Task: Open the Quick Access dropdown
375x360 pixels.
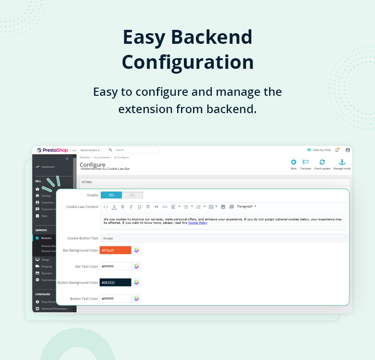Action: click(90, 150)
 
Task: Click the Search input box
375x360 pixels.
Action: click(135, 150)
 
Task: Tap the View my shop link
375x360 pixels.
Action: click(319, 150)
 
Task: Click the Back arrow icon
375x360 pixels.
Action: click(294, 162)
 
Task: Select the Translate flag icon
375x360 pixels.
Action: click(305, 162)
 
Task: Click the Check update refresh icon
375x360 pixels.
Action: click(322, 162)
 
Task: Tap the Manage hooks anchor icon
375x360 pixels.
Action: click(342, 162)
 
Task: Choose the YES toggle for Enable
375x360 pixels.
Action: click(111, 195)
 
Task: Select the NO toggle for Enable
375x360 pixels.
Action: click(132, 195)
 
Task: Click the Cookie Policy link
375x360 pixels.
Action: click(197, 223)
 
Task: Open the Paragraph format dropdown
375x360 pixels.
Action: click(246, 206)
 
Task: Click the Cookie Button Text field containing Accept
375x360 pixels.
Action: click(223, 238)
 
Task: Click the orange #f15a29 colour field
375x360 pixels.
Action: click(116, 250)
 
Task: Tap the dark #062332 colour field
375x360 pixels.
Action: click(116, 283)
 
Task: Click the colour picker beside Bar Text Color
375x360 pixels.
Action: click(137, 266)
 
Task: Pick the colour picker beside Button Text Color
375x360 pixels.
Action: click(137, 298)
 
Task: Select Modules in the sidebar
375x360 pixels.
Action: click(46, 238)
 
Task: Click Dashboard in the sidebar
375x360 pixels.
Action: click(48, 167)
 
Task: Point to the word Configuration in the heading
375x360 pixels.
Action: click(187, 62)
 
